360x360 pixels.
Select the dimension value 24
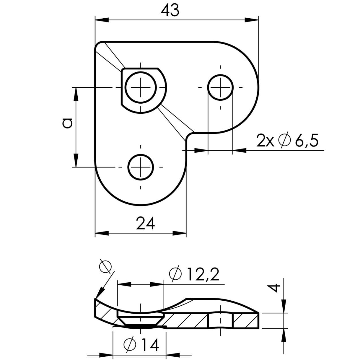(x=145, y=223)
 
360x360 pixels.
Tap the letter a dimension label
(x=67, y=123)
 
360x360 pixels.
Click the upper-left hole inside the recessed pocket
(x=141, y=87)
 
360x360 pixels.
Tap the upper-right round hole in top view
(x=220, y=87)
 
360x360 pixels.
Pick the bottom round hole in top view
(x=141, y=167)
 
